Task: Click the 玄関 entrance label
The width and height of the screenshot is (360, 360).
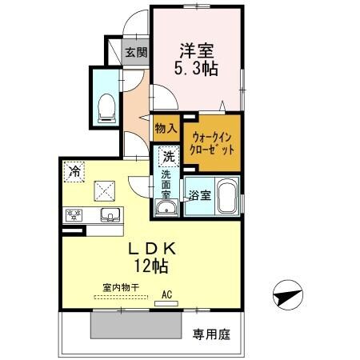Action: (136, 54)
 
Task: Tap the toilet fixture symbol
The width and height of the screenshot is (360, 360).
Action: (105, 106)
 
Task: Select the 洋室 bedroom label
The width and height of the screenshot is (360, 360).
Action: (196, 50)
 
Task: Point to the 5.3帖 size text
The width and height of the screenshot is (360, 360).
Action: (196, 68)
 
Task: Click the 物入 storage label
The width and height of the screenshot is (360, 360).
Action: (166, 128)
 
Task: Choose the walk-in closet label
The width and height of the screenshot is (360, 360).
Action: (213, 142)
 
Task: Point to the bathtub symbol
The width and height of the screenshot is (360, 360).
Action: (227, 195)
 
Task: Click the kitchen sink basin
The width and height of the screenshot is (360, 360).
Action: (110, 214)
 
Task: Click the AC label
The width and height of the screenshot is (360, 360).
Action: (167, 294)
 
